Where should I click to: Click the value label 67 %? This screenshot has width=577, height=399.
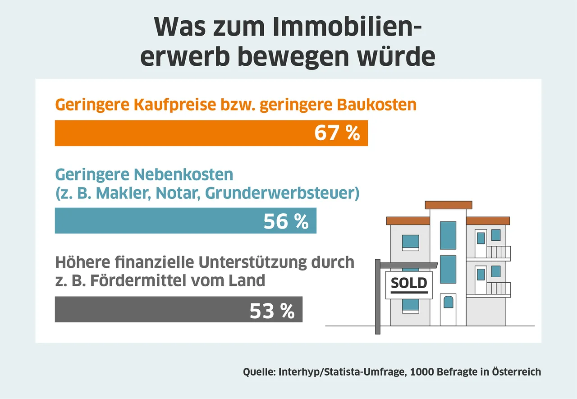[337, 133]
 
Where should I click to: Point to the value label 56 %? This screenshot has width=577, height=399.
[286, 221]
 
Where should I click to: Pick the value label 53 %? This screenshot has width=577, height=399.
[272, 310]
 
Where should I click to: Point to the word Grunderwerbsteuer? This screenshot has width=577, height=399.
[282, 193]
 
